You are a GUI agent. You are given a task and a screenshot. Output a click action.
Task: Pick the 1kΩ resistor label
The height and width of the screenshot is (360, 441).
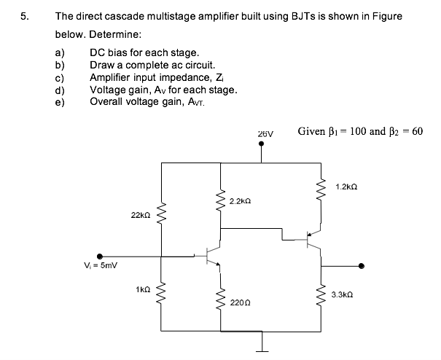coord(143,290)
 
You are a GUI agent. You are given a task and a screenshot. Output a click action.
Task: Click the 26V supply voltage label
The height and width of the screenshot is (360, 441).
coord(265,134)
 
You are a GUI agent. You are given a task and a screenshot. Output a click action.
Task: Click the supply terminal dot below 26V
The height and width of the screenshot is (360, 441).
coord(263,145)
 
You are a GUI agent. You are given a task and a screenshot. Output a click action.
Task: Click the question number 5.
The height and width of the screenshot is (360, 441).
coord(24,17)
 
